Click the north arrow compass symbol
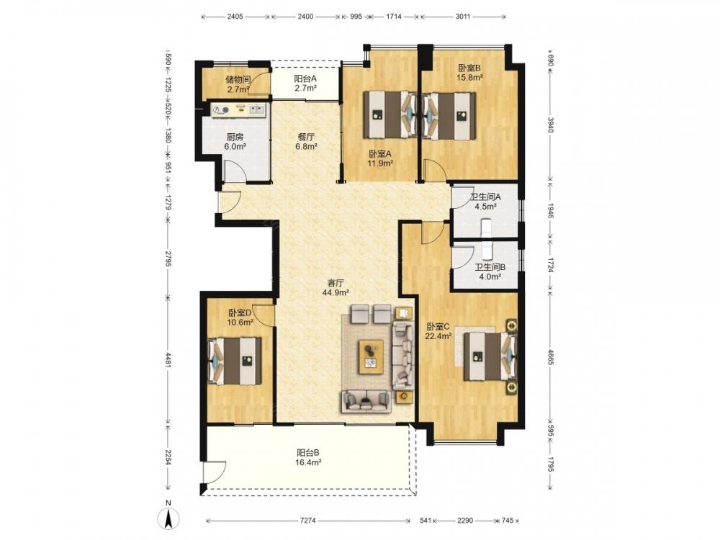pyautogui.click(x=168, y=518)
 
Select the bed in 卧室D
pyautogui.click(x=235, y=361)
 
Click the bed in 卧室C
pyautogui.click(x=490, y=356)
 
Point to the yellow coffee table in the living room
pyautogui.click(x=372, y=356)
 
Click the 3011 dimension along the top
pyautogui.click(x=463, y=17)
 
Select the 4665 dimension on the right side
pyautogui.click(x=551, y=357)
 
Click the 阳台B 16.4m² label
pyautogui.click(x=308, y=457)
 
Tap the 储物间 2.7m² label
pyautogui.click(x=238, y=84)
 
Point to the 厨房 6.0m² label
pyautogui.click(x=235, y=141)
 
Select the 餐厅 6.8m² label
pyautogui.click(x=306, y=141)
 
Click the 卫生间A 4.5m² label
pyautogui.click(x=485, y=201)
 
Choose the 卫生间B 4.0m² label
pyautogui.click(x=490, y=271)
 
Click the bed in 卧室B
pyautogui.click(x=449, y=115)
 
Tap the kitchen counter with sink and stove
pyautogui.click(x=239, y=109)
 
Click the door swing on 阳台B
pyautogui.click(x=215, y=472)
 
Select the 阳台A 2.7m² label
pyautogui.click(x=305, y=83)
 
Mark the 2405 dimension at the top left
pyautogui.click(x=235, y=17)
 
